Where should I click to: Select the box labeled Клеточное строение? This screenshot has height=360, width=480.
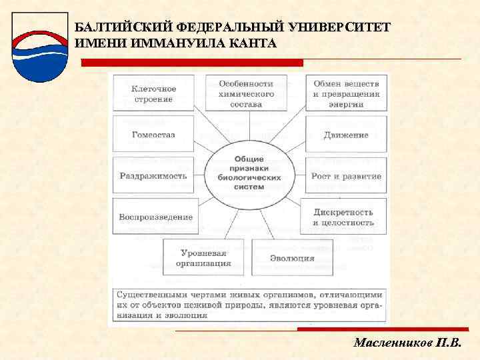[x=153, y=93]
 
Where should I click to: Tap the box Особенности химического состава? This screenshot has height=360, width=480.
[x=247, y=94]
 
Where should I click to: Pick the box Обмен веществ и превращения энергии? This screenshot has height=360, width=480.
[x=346, y=94]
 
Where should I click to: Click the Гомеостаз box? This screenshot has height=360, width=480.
[x=153, y=134]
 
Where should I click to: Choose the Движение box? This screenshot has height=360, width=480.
[x=346, y=135]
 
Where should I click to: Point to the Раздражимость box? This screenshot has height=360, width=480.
[x=153, y=176]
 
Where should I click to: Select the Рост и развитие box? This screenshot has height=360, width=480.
[x=346, y=176]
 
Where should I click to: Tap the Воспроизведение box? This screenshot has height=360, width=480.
[x=155, y=217]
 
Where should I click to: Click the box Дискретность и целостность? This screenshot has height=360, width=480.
[x=343, y=217]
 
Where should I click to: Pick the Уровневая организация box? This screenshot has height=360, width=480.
[x=203, y=257]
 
